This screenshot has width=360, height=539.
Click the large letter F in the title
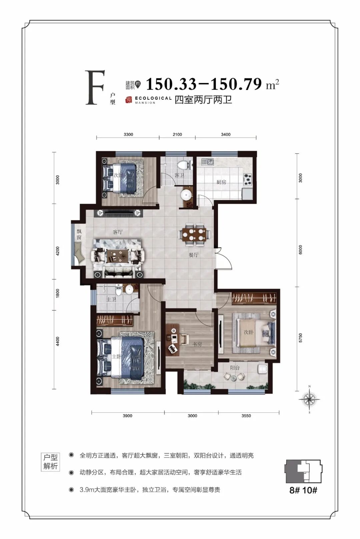click(95, 87)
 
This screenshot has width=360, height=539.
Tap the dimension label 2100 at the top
click(177, 135)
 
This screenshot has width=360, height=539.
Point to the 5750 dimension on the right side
click(300, 338)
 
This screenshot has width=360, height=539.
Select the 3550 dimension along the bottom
click(246, 416)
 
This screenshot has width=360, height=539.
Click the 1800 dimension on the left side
click(57, 294)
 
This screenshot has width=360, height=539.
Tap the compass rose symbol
click(309, 400)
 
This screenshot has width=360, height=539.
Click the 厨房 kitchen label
click(221, 182)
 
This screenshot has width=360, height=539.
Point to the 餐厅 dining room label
click(193, 255)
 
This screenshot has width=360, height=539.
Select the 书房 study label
click(197, 344)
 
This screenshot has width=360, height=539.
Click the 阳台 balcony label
click(235, 367)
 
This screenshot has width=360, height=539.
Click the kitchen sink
click(208, 162)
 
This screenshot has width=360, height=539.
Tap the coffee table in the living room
click(118, 255)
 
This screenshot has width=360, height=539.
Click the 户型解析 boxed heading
click(51, 462)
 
